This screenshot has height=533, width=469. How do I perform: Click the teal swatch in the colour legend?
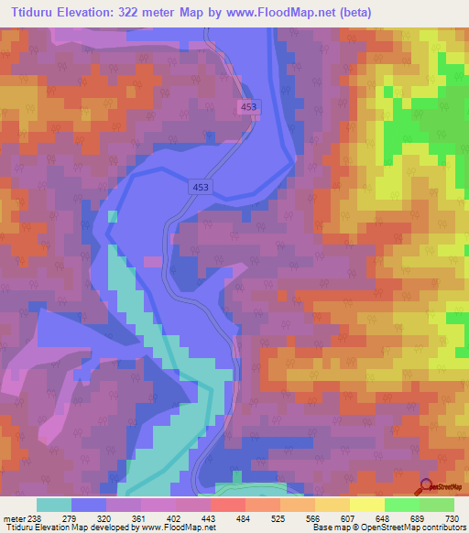click(x=54, y=506)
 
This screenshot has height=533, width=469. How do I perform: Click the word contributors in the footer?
click(x=439, y=527)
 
